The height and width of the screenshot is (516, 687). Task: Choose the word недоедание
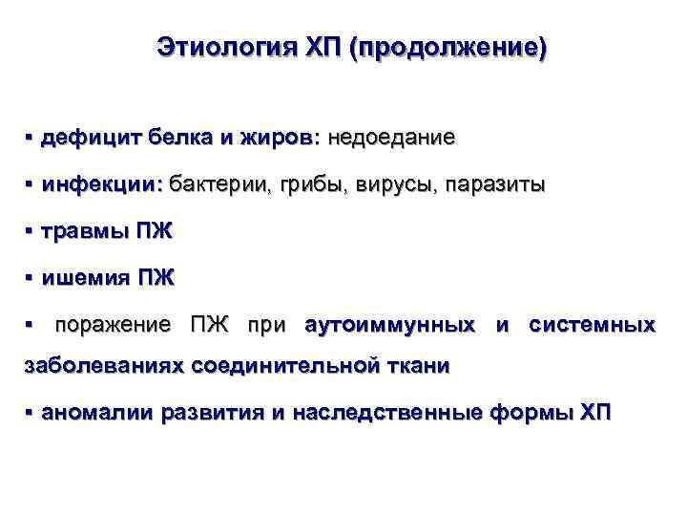pos(391,139)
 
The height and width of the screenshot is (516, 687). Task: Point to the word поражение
pos(114,325)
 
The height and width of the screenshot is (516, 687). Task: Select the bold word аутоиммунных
pos(389,325)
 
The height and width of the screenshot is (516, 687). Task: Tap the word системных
pos(592,325)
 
